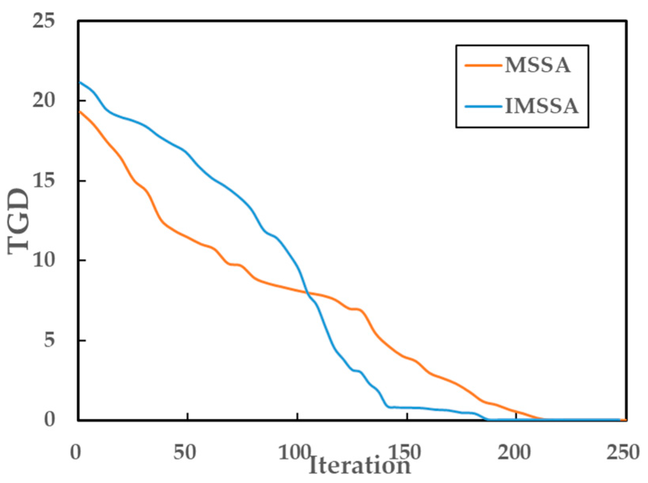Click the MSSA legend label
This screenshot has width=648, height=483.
click(x=537, y=65)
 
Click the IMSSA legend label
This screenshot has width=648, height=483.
click(x=542, y=106)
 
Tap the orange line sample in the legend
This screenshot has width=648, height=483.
click(x=483, y=65)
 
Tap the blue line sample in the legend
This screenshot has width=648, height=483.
click(x=483, y=106)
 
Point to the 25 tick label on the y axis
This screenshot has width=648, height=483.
click(x=43, y=21)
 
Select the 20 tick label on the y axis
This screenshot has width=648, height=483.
click(x=43, y=100)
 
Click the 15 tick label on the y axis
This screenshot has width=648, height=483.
click(x=43, y=181)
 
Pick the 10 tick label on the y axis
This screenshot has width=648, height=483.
click(x=43, y=260)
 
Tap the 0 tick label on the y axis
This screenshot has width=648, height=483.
click(x=49, y=419)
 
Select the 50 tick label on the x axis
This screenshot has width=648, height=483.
click(x=185, y=452)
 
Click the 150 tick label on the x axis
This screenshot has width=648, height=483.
click(x=404, y=452)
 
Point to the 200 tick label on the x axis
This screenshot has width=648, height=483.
click(x=514, y=452)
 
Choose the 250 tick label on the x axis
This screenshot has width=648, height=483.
click(x=623, y=452)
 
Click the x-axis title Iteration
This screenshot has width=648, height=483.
click(x=360, y=465)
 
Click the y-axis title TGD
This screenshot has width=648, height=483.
click(x=19, y=220)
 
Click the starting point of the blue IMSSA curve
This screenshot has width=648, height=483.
click(x=79, y=82)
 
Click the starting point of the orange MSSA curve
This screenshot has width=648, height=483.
click(x=79, y=112)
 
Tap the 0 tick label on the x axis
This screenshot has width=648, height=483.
click(x=75, y=452)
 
